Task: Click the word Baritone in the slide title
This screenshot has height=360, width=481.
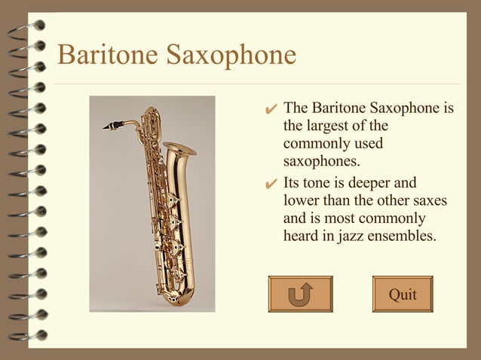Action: click(107, 56)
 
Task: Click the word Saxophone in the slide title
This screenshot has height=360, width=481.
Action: click(231, 56)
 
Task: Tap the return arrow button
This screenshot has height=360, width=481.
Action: click(300, 294)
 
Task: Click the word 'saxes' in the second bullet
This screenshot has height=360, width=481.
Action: click(430, 201)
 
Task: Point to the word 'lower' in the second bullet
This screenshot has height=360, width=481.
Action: click(300, 201)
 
